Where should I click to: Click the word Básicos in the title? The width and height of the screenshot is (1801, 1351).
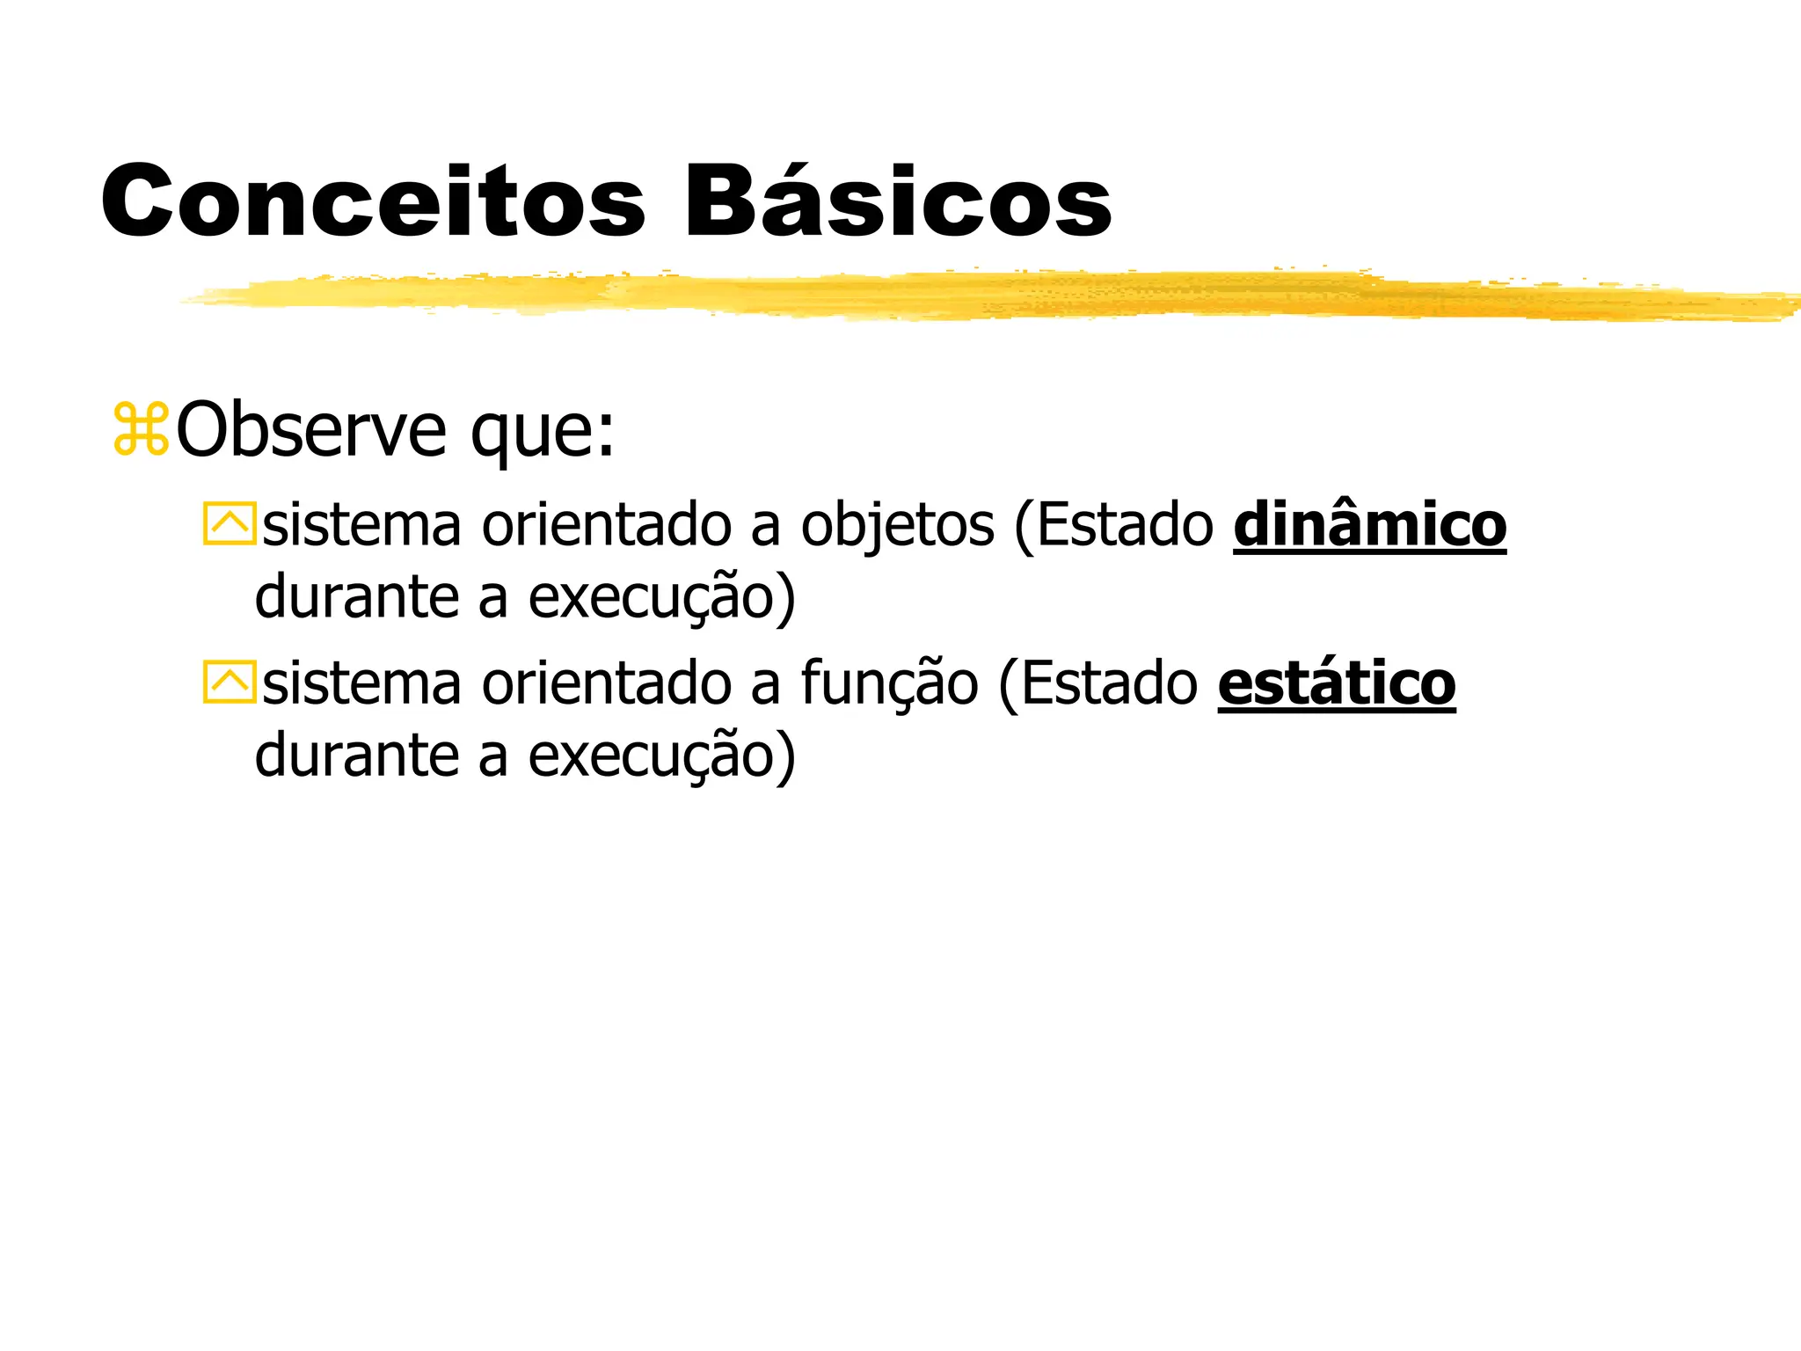click(x=897, y=201)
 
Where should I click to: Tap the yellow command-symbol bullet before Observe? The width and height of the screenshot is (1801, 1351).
click(x=141, y=429)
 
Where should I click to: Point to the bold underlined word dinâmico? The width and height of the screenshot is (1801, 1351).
click(x=1369, y=525)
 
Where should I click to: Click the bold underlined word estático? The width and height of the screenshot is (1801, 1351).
click(x=1336, y=683)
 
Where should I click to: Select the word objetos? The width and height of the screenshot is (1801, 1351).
click(x=897, y=526)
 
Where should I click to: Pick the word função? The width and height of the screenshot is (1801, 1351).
click(x=889, y=684)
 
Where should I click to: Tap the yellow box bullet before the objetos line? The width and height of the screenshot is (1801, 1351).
click(x=229, y=524)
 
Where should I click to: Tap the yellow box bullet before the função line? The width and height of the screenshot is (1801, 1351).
click(x=229, y=683)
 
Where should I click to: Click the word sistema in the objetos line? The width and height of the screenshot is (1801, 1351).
click(x=361, y=526)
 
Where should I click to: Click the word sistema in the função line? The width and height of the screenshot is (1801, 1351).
click(x=361, y=684)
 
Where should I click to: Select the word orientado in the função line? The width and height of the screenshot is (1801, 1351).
click(x=606, y=684)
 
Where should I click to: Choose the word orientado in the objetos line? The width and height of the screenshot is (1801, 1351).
click(x=606, y=526)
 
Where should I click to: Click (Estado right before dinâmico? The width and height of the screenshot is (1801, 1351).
click(x=1113, y=526)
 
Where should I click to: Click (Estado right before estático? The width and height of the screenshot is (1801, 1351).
click(x=1097, y=684)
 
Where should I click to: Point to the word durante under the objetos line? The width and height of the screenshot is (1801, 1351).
click(x=357, y=597)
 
